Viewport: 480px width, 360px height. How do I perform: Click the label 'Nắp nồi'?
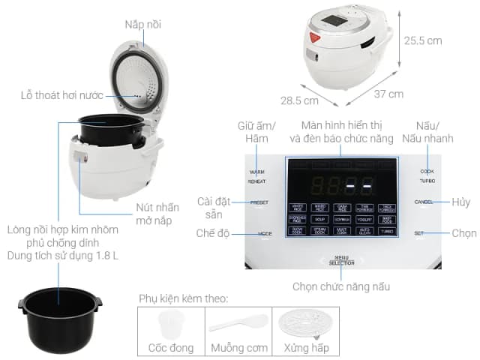click(144, 25)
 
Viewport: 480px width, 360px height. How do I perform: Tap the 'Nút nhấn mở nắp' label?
click(157, 214)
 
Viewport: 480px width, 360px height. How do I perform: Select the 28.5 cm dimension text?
click(301, 100)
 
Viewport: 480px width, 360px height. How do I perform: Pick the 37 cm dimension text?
click(388, 94)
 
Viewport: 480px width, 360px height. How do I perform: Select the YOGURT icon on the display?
click(364, 219)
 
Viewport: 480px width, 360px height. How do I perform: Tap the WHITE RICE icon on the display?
click(298, 206)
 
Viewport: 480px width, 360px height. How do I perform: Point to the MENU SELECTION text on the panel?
click(340, 261)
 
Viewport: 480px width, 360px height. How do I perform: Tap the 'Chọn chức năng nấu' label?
click(340, 286)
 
